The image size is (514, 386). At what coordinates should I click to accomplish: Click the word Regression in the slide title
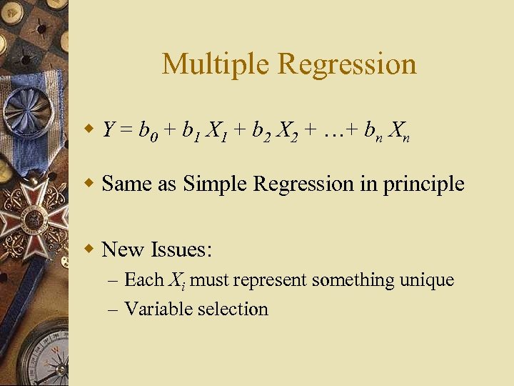tap(347, 64)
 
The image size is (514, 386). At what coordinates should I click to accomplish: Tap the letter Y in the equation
tap(109, 130)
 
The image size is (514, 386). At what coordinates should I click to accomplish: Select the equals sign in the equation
tap(126, 130)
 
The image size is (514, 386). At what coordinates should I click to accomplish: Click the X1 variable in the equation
tap(216, 132)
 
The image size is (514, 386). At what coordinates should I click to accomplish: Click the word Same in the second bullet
tap(126, 184)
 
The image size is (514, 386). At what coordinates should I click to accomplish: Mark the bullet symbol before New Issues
tap(89, 249)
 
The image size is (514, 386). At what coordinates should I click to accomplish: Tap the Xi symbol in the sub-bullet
tap(176, 280)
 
